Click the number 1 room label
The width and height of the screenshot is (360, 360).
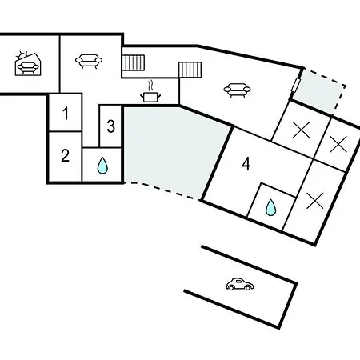pos(66,113)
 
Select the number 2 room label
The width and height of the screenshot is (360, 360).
pos(66,155)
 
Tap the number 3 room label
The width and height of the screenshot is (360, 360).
pos(111,126)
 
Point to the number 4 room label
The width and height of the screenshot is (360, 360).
pos(246,163)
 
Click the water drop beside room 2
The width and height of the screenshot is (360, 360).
pos(102,166)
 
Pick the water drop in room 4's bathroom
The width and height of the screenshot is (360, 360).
pos(270,207)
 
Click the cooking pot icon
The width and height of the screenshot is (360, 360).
pos(150,97)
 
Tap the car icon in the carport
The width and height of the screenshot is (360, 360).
pos(240,284)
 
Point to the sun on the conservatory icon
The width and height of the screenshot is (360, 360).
pos(22,56)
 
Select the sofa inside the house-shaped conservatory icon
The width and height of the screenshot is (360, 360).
pos(28,68)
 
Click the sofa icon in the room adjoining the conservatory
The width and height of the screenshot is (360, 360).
pos(89,62)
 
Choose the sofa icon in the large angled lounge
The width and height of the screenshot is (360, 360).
pos(237,90)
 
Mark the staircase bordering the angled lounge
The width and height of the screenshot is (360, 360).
pos(190,70)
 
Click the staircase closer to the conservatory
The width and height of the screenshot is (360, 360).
pos(134,62)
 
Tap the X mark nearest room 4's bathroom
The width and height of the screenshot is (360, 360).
pos(315,201)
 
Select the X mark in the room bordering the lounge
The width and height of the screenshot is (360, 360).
pos(302,130)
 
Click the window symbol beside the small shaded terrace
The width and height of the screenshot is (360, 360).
pos(296,85)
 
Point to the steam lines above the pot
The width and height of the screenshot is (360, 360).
pos(151,86)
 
